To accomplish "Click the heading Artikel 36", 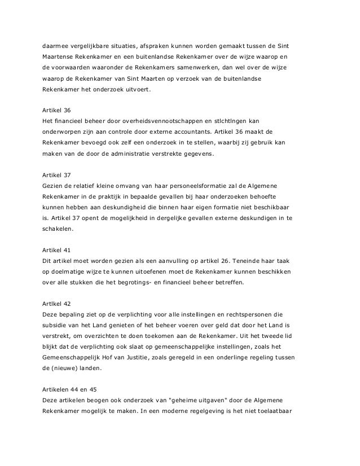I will (x=55, y=109).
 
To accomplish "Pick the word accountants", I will (x=192, y=133).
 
